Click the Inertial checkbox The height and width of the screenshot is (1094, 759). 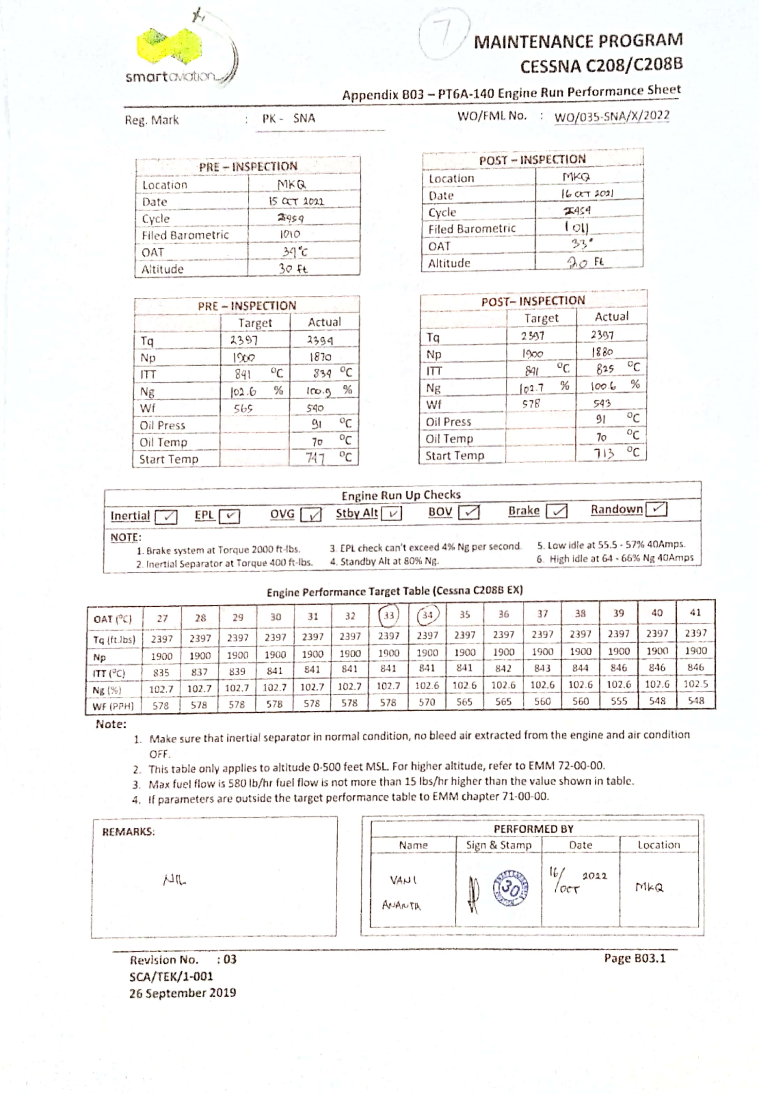click(x=166, y=517)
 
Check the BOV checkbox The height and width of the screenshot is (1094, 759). click(x=469, y=512)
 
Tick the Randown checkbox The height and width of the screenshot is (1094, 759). click(x=657, y=509)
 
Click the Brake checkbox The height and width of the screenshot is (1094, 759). click(x=556, y=511)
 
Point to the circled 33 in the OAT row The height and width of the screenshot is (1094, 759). click(x=389, y=615)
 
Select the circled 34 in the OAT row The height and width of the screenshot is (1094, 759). click(x=427, y=615)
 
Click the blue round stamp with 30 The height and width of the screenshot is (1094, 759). click(x=510, y=887)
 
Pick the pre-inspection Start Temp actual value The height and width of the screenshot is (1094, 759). click(x=315, y=458)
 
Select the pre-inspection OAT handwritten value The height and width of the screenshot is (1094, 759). click(x=295, y=252)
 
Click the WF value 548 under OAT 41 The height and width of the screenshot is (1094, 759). click(x=695, y=700)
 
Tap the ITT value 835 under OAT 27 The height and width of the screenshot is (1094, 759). click(x=161, y=673)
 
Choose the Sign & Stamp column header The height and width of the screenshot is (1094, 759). click(x=498, y=845)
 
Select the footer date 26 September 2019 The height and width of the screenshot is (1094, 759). click(x=183, y=993)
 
